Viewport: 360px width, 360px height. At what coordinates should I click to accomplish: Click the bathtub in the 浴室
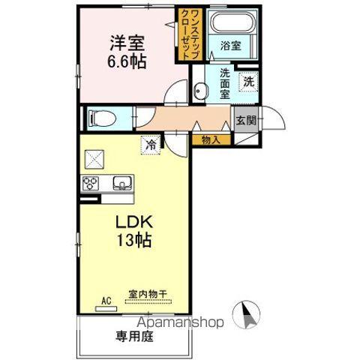click(x=232, y=26)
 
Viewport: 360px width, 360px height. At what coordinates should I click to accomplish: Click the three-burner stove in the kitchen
click(x=92, y=184)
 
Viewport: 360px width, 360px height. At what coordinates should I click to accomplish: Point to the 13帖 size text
click(x=135, y=241)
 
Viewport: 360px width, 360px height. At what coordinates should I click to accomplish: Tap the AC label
click(x=106, y=301)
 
